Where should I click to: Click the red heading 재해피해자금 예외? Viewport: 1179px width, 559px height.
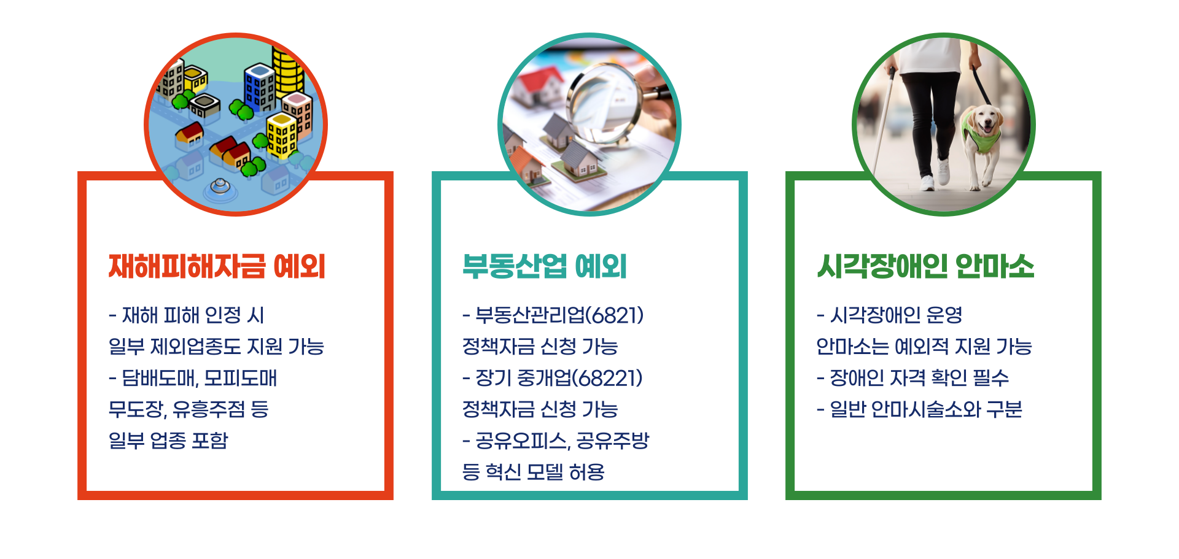coord(216,267)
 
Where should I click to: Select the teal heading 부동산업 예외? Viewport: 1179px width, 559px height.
coord(544,267)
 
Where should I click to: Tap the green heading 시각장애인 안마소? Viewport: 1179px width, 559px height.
coord(925,267)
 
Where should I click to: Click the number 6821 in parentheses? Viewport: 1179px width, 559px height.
coord(615,315)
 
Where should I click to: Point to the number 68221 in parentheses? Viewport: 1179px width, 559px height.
coord(607,378)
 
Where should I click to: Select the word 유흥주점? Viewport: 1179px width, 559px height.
coord(208,409)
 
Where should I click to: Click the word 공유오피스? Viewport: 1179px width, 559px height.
coord(522,441)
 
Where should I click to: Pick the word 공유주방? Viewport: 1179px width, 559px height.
coord(612,441)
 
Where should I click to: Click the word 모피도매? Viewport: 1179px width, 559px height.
coord(241,378)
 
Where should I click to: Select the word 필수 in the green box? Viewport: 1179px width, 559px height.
coord(991,378)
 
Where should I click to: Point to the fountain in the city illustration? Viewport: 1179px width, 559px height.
coord(220,186)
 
